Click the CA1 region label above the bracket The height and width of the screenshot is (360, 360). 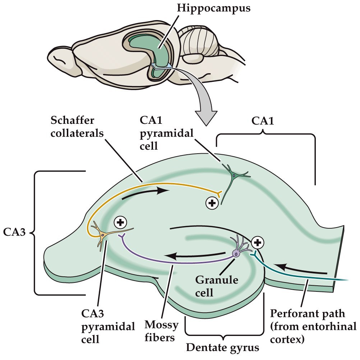263,121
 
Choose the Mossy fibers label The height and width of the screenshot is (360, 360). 161,331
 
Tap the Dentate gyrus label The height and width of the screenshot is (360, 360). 222,348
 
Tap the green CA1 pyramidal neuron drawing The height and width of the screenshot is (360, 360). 234,176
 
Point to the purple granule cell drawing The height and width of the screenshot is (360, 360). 237,251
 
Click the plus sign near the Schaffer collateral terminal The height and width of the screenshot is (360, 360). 212,203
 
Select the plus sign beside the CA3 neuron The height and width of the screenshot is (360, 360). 120,223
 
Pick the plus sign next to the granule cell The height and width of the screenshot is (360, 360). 257,243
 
